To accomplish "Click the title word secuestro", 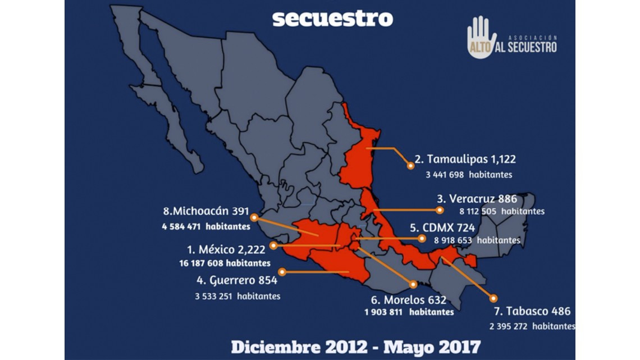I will click(x=332, y=18).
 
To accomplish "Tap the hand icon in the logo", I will click(x=481, y=36).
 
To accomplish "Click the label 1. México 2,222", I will click(x=226, y=250).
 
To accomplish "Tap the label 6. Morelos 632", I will click(x=408, y=300).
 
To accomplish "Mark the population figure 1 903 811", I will click(x=383, y=312).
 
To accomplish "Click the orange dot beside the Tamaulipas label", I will click(x=410, y=166).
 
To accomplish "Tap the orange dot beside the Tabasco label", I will click(x=493, y=298).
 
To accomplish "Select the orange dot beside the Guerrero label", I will click(x=282, y=272).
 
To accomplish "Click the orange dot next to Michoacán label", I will click(x=254, y=217).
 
